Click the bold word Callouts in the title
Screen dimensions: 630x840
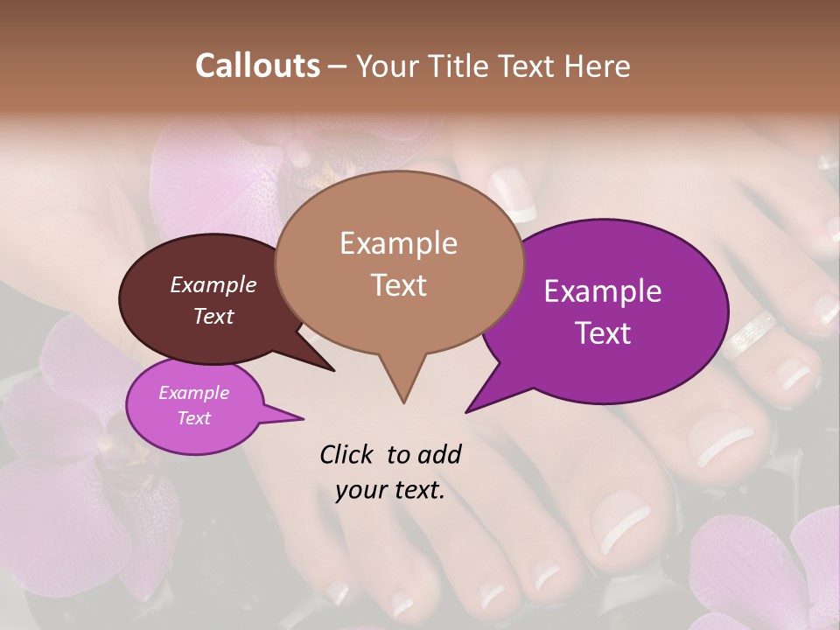258,66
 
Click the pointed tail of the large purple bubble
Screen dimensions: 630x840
472,407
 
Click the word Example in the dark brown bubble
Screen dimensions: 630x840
213,285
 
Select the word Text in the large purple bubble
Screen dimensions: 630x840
604,333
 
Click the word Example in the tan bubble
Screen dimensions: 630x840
399,243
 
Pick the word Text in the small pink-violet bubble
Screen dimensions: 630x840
194,418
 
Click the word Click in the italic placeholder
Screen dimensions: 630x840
348,454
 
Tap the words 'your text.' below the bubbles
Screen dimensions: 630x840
390,490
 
